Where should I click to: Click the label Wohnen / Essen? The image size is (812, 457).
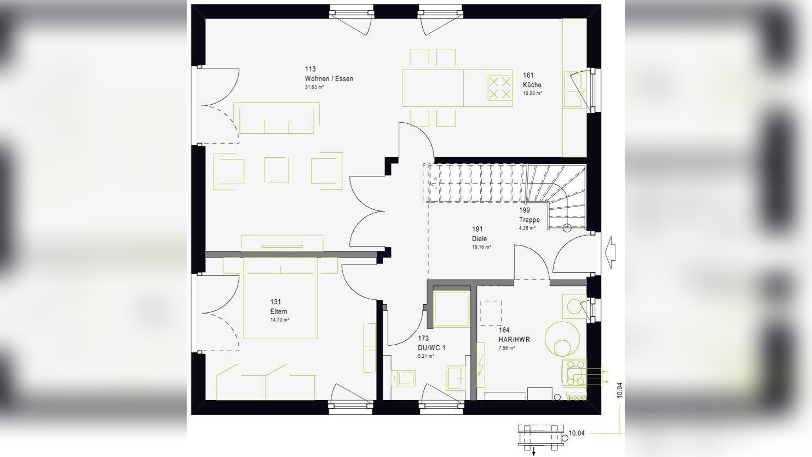pyautogui.click(x=329, y=79)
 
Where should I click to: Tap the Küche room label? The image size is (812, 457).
pyautogui.click(x=532, y=85)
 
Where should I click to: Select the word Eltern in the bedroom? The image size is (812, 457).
pyautogui.click(x=279, y=312)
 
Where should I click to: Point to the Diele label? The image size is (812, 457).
pyautogui.click(x=480, y=239)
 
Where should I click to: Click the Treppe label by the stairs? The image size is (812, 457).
pyautogui.click(x=529, y=220)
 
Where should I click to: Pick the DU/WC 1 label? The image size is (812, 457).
pyautogui.click(x=432, y=348)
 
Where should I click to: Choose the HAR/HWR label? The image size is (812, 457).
pyautogui.click(x=514, y=340)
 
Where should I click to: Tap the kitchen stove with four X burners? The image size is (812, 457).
pyautogui.click(x=499, y=88)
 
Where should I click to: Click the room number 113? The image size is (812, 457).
pyautogui.click(x=310, y=69)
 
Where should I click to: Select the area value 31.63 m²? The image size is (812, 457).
pyautogui.click(x=315, y=87)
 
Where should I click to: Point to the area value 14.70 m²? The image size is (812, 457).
pyautogui.click(x=280, y=320)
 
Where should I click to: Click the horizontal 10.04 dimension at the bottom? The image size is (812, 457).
pyautogui.click(x=577, y=433)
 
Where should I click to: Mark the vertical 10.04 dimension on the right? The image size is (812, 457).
pyautogui.click(x=619, y=390)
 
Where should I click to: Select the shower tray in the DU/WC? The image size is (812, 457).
pyautogui.click(x=452, y=309)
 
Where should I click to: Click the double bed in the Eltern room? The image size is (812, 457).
pyautogui.click(x=280, y=299)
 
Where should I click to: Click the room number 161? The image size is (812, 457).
pyautogui.click(x=528, y=76)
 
